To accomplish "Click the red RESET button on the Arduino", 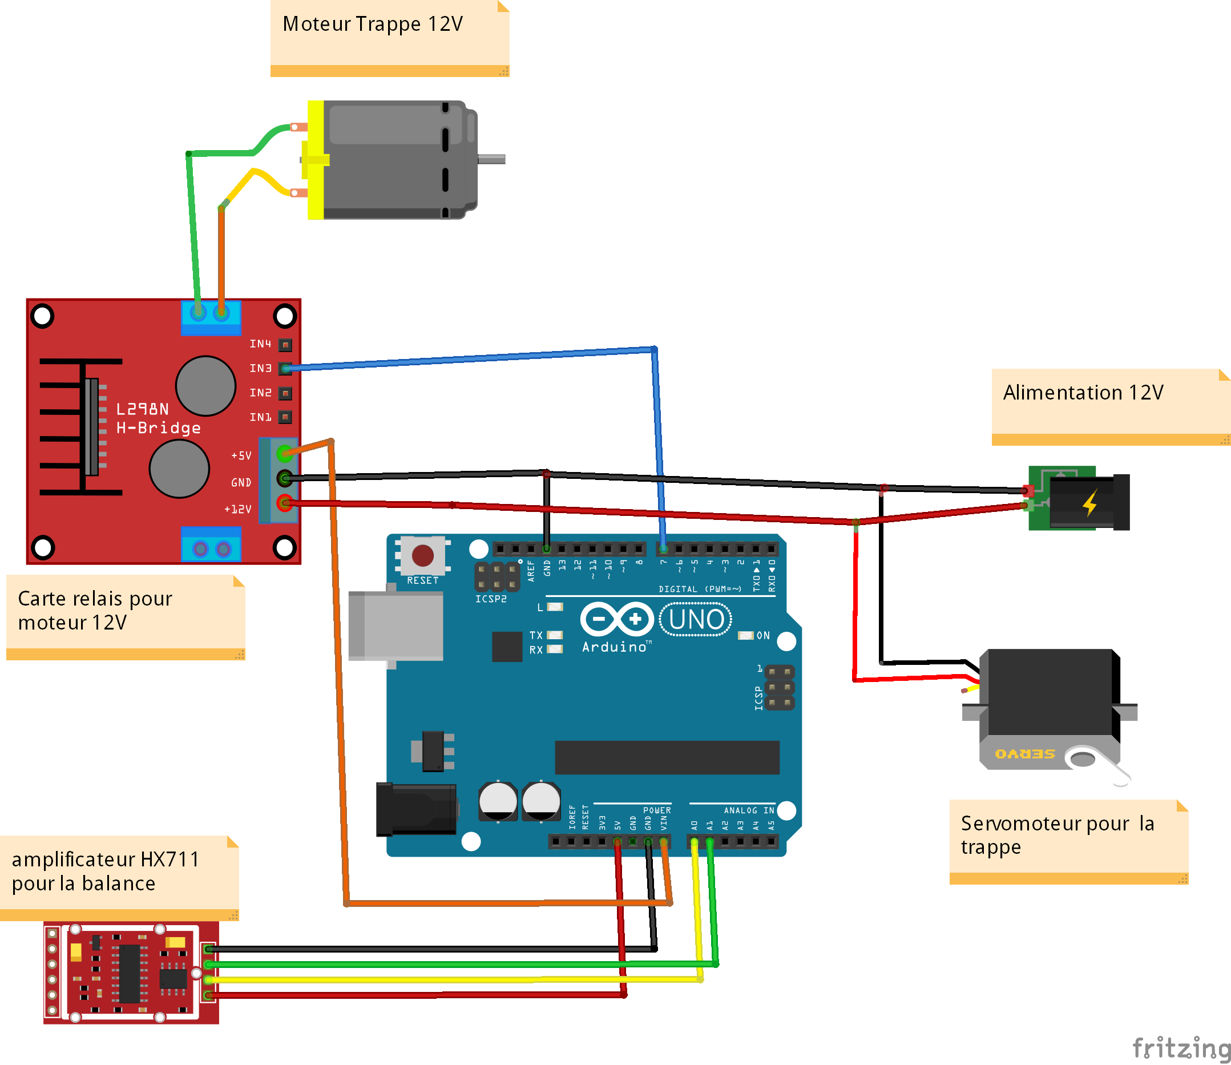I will [422, 556].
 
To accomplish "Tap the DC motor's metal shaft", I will [492, 159].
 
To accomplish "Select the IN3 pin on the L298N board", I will [286, 369].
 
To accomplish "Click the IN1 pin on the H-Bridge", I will [286, 417].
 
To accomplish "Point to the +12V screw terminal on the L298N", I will [285, 503].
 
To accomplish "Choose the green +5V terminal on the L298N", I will [285, 454].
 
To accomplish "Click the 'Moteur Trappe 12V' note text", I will [373, 25].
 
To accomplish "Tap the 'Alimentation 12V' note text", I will [1083, 393].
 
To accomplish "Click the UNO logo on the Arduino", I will [696, 619].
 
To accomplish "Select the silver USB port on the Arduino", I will [395, 626].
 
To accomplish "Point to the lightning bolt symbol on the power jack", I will [1089, 503].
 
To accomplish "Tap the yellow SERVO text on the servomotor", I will [1025, 753].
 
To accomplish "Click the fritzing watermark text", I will [1181, 1047].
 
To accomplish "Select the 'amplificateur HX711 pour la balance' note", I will [105, 872].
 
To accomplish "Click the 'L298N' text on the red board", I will [142, 409].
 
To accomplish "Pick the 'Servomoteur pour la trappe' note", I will [1057, 835].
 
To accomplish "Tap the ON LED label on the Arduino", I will [763, 635].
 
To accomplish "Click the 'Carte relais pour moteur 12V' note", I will [95, 610].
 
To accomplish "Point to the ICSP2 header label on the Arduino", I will [491, 599].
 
